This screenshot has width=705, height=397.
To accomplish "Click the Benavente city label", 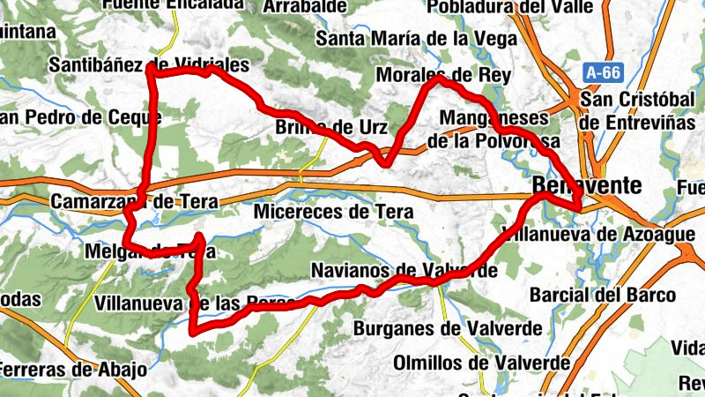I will click(587, 185).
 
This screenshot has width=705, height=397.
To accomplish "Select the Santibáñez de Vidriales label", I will click(150, 65).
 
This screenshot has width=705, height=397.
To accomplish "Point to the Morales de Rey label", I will click(443, 76).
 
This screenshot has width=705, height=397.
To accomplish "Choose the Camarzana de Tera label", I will click(134, 202).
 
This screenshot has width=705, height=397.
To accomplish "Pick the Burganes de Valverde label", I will click(448, 329).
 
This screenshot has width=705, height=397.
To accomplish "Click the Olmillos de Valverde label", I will click(481, 363).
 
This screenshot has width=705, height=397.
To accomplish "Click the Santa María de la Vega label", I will click(404, 38).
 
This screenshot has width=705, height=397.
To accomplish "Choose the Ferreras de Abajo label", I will click(72, 369).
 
